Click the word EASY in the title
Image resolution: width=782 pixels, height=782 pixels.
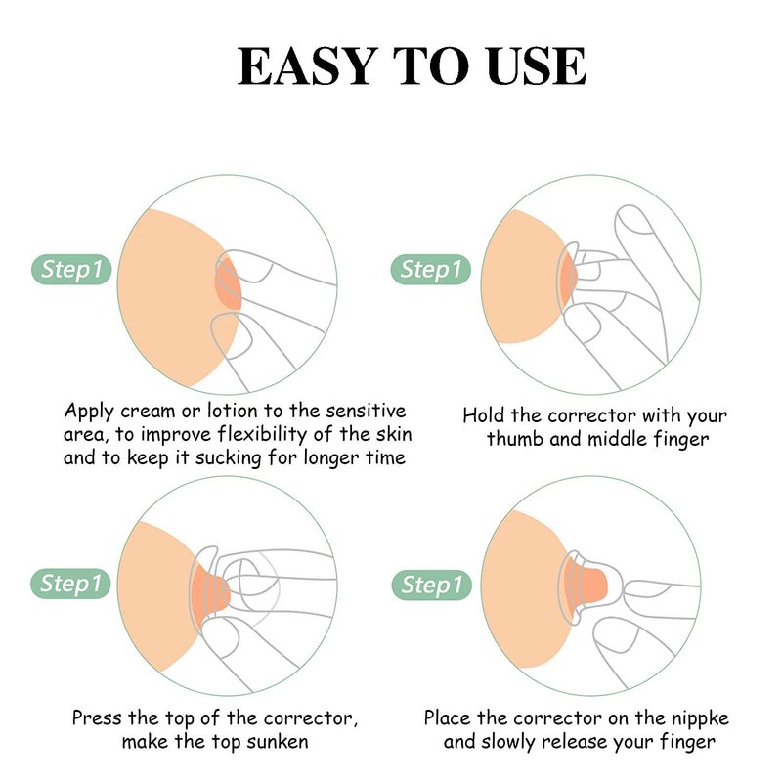tap(306, 65)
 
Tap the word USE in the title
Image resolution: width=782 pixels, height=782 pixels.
tap(536, 65)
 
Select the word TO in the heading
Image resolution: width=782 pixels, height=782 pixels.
tap(431, 65)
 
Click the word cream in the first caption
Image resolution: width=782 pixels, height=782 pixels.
tap(149, 411)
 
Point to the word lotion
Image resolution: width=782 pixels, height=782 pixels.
tap(233, 411)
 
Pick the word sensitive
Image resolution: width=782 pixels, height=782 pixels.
tap(366, 411)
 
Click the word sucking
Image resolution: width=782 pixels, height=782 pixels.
tap(228, 458)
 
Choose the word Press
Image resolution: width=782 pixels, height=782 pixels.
tap(97, 718)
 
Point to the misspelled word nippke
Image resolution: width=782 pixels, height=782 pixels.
tap(700, 718)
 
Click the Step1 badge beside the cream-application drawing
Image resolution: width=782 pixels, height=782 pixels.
tap(71, 270)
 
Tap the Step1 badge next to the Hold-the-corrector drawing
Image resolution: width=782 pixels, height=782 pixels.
tap(431, 270)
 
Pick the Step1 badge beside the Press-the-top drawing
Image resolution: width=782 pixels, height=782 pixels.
tap(70, 584)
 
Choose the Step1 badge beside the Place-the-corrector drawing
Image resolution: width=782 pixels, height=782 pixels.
tap(432, 585)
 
